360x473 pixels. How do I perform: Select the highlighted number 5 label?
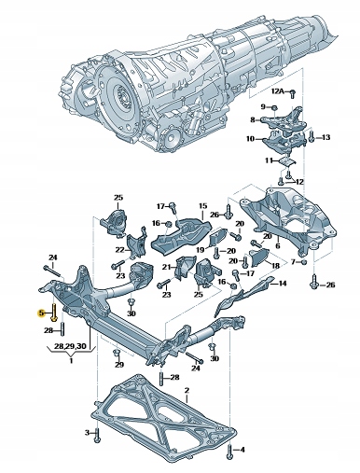(x=40, y=314)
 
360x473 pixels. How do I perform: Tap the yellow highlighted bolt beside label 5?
(x=53, y=314)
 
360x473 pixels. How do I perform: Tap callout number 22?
(x=120, y=249)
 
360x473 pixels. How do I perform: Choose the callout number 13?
(x=326, y=138)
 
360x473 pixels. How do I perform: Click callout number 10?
(x=250, y=139)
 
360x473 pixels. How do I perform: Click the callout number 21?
(x=166, y=266)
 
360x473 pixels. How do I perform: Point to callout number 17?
(x=160, y=205)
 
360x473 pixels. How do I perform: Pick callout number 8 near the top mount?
(x=252, y=120)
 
